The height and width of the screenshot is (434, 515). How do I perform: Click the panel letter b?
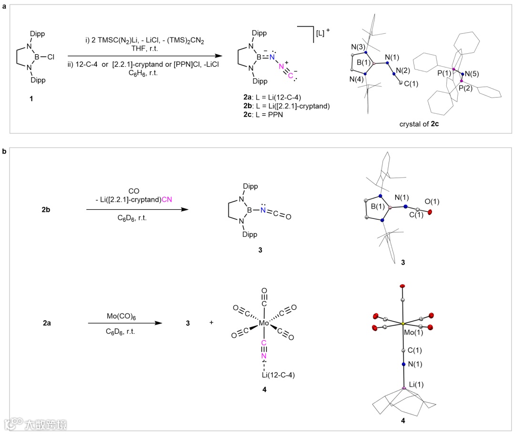pos(4,151)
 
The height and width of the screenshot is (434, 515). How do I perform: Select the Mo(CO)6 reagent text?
pos(121,316)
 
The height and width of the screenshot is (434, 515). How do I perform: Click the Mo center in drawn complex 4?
pos(264,324)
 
